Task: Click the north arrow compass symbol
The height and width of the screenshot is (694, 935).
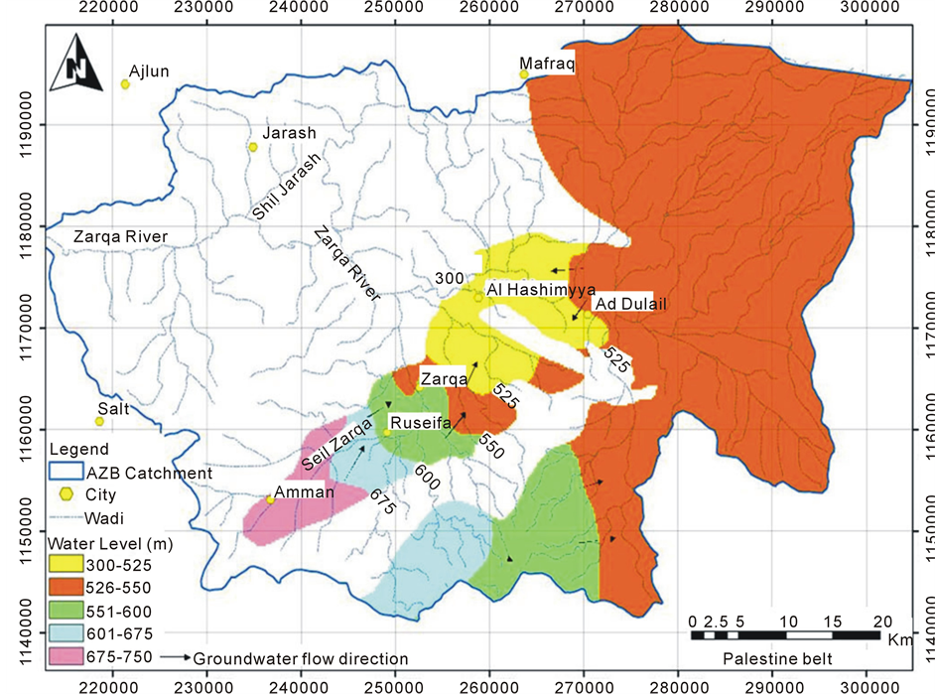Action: pos(77,62)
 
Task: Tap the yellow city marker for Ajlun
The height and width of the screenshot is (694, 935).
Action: pos(126,84)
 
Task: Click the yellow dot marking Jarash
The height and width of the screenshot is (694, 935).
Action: pos(253,147)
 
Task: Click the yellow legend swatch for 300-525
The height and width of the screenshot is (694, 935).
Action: pos(69,563)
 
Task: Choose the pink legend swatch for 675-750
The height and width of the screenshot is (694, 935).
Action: pos(69,656)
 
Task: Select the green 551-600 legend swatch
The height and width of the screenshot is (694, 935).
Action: pos(69,610)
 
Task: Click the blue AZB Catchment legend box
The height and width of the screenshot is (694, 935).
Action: pos(69,474)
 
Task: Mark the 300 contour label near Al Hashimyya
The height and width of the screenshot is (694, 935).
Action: pos(449,278)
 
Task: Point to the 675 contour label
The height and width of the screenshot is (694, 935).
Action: pos(382,500)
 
